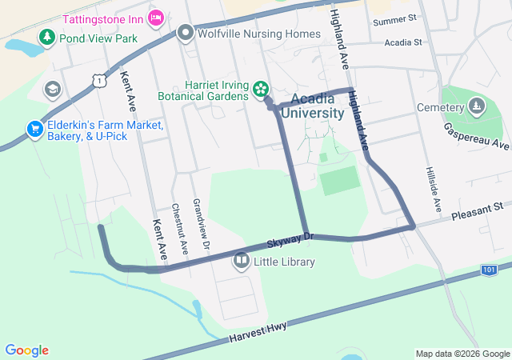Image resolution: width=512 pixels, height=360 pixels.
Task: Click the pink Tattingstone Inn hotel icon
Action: click(157, 16)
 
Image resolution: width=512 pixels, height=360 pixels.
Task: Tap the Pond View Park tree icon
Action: click(47, 38)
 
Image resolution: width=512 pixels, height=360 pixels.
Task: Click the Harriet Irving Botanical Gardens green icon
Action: click(260, 90)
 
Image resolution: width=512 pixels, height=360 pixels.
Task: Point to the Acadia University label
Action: click(318, 106)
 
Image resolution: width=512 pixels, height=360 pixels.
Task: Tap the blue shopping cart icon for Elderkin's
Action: click(34, 129)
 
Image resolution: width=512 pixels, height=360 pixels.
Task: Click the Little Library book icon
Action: click(241, 261)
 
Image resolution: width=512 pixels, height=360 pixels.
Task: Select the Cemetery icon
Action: click(476, 106)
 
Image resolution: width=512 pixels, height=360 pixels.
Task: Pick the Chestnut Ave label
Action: click(179, 228)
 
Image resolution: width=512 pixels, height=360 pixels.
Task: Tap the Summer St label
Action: click(395, 18)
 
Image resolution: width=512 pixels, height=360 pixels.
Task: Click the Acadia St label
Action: click(402, 42)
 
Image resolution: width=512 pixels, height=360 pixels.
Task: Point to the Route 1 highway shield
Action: click(98, 80)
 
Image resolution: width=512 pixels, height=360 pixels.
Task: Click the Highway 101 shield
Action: click(489, 270)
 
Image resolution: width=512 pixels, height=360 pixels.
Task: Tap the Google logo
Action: click(26, 350)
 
